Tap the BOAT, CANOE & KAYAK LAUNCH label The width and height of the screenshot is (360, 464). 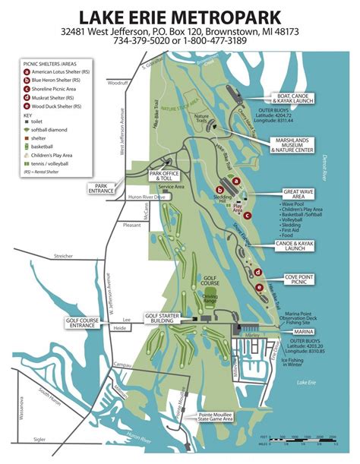[301, 99]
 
